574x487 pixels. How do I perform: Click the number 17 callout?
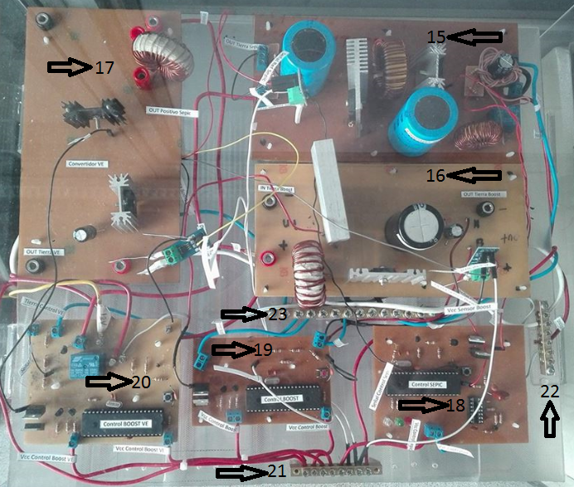(x=105, y=67)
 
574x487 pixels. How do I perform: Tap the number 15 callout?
(x=437, y=37)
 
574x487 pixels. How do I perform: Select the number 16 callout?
(x=437, y=175)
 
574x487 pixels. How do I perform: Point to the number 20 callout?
(x=140, y=382)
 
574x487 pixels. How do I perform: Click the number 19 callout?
(x=263, y=350)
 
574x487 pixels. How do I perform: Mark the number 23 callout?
(x=277, y=314)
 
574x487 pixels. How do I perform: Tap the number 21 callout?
(x=278, y=472)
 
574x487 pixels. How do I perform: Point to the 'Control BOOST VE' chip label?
(x=128, y=424)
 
